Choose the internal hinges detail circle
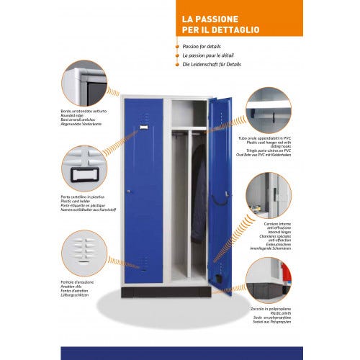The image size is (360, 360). click(x=268, y=195)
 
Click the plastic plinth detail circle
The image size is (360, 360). click(x=268, y=282)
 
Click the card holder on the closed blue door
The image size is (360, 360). click(x=144, y=127)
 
